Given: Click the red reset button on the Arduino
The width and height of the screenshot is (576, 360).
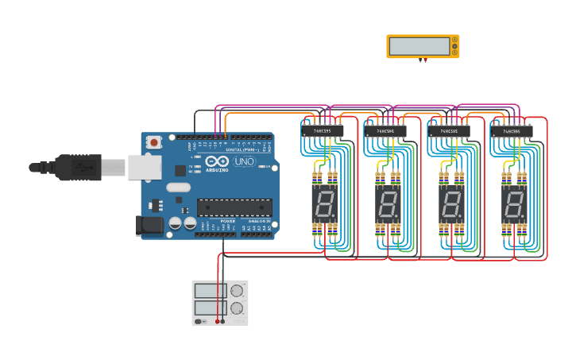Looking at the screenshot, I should [153, 142].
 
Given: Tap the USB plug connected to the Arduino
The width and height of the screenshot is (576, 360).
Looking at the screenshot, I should [80, 167].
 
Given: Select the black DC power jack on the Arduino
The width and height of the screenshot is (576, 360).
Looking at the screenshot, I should [150, 225].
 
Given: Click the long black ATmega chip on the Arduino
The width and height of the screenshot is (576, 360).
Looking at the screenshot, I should [234, 207].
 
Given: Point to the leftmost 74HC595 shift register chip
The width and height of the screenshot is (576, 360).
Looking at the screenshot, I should [323, 130].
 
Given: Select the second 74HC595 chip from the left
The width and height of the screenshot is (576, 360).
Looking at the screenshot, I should [385, 131].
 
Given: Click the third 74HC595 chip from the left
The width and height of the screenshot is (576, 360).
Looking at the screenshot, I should [449, 131].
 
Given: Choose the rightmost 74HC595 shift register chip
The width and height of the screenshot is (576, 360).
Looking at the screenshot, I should [512, 131].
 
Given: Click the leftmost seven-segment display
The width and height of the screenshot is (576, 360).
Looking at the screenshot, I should [324, 204].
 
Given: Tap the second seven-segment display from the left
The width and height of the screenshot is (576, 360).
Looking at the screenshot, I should [387, 204].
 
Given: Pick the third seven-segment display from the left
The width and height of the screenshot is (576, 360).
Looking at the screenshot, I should [450, 204].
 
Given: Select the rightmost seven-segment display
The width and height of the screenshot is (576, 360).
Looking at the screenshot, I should [513, 204].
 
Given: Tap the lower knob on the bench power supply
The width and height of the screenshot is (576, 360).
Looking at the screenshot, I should [237, 308].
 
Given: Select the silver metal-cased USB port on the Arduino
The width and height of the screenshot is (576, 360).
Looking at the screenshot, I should [144, 167].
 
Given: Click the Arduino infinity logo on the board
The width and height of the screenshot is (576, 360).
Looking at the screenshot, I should [215, 162].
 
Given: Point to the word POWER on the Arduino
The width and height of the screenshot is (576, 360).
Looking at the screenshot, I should [228, 232].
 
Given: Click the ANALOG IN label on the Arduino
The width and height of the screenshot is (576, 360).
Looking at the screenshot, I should [257, 232].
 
